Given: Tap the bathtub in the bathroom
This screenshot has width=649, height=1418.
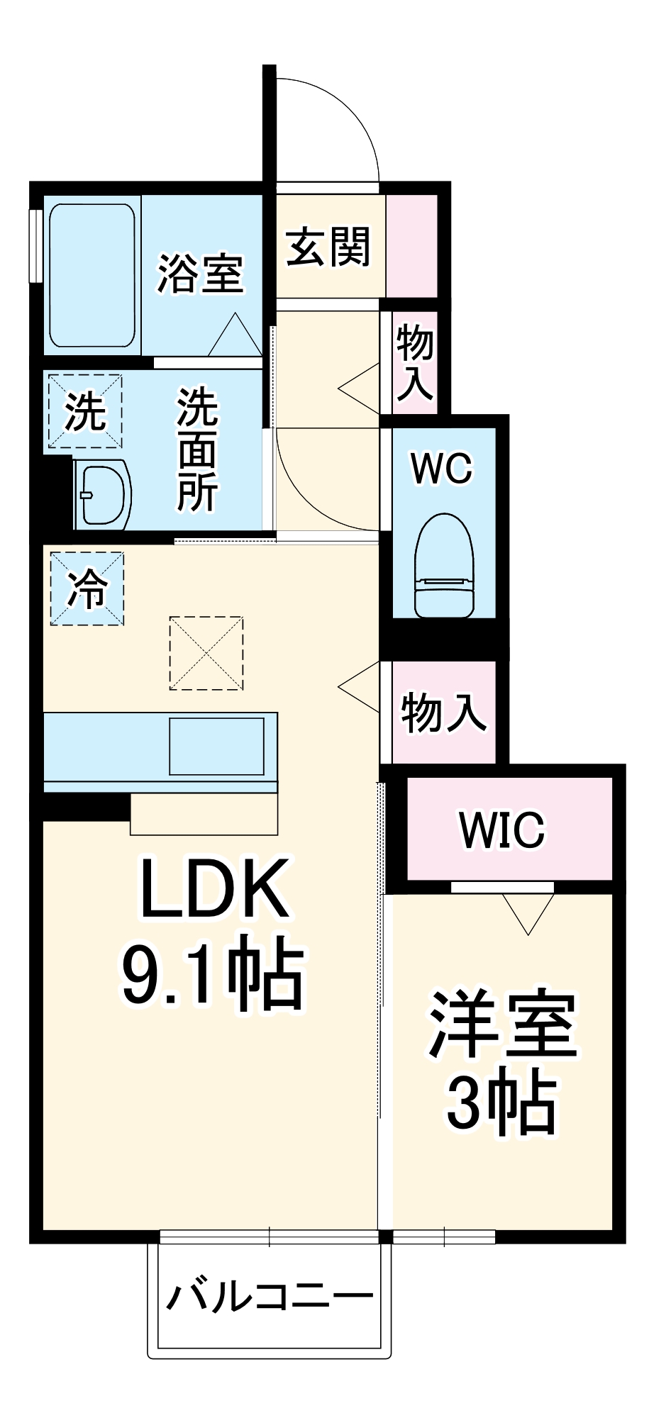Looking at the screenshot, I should point(91,276).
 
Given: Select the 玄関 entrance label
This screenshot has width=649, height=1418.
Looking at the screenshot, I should point(328,247).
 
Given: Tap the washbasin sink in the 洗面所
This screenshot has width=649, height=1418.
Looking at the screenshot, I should point(103,494).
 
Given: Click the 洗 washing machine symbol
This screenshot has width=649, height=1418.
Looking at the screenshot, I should point(85,411).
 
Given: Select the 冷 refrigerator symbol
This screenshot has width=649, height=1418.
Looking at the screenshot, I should point(87,588).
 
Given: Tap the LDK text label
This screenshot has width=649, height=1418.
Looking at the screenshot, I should point(214,888).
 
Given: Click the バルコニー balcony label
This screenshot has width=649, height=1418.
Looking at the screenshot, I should point(270,1297).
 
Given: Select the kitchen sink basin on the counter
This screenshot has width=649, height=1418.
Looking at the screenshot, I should point(217,746).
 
